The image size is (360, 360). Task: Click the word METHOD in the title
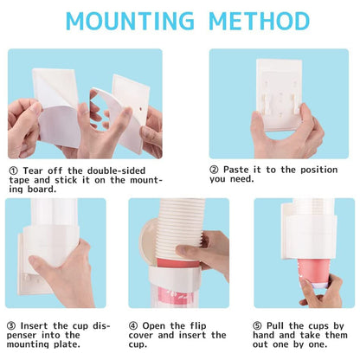tap(257, 21)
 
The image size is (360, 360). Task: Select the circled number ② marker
tap(215, 169)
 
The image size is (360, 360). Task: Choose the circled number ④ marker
tap(134, 325)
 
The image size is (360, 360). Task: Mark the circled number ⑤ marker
tap(259, 325)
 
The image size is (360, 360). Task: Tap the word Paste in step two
tap(240, 169)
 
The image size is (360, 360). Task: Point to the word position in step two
tap(313, 169)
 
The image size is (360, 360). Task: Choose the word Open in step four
tap(157, 325)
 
